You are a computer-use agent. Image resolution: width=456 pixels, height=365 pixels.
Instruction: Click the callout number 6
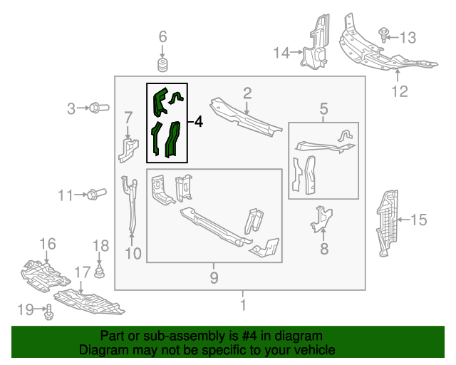(x=162, y=36)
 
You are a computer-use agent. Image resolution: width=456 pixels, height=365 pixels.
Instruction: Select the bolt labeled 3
(x=98, y=108)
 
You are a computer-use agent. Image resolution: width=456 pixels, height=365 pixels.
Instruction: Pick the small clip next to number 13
(x=384, y=33)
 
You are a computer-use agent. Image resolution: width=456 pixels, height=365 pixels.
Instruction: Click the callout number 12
(x=399, y=91)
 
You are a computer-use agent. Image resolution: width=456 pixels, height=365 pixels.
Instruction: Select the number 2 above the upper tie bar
(x=247, y=93)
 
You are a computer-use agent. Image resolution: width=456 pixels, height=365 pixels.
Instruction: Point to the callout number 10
(x=133, y=252)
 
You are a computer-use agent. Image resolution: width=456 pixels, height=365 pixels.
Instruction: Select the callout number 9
(x=214, y=278)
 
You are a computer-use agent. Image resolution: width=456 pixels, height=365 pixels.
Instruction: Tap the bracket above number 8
(x=323, y=218)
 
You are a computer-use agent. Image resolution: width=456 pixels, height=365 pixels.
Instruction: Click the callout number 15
(x=419, y=220)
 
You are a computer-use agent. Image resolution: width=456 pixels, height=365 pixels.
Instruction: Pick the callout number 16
(x=47, y=245)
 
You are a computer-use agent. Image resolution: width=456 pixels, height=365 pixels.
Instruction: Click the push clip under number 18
(x=100, y=272)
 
